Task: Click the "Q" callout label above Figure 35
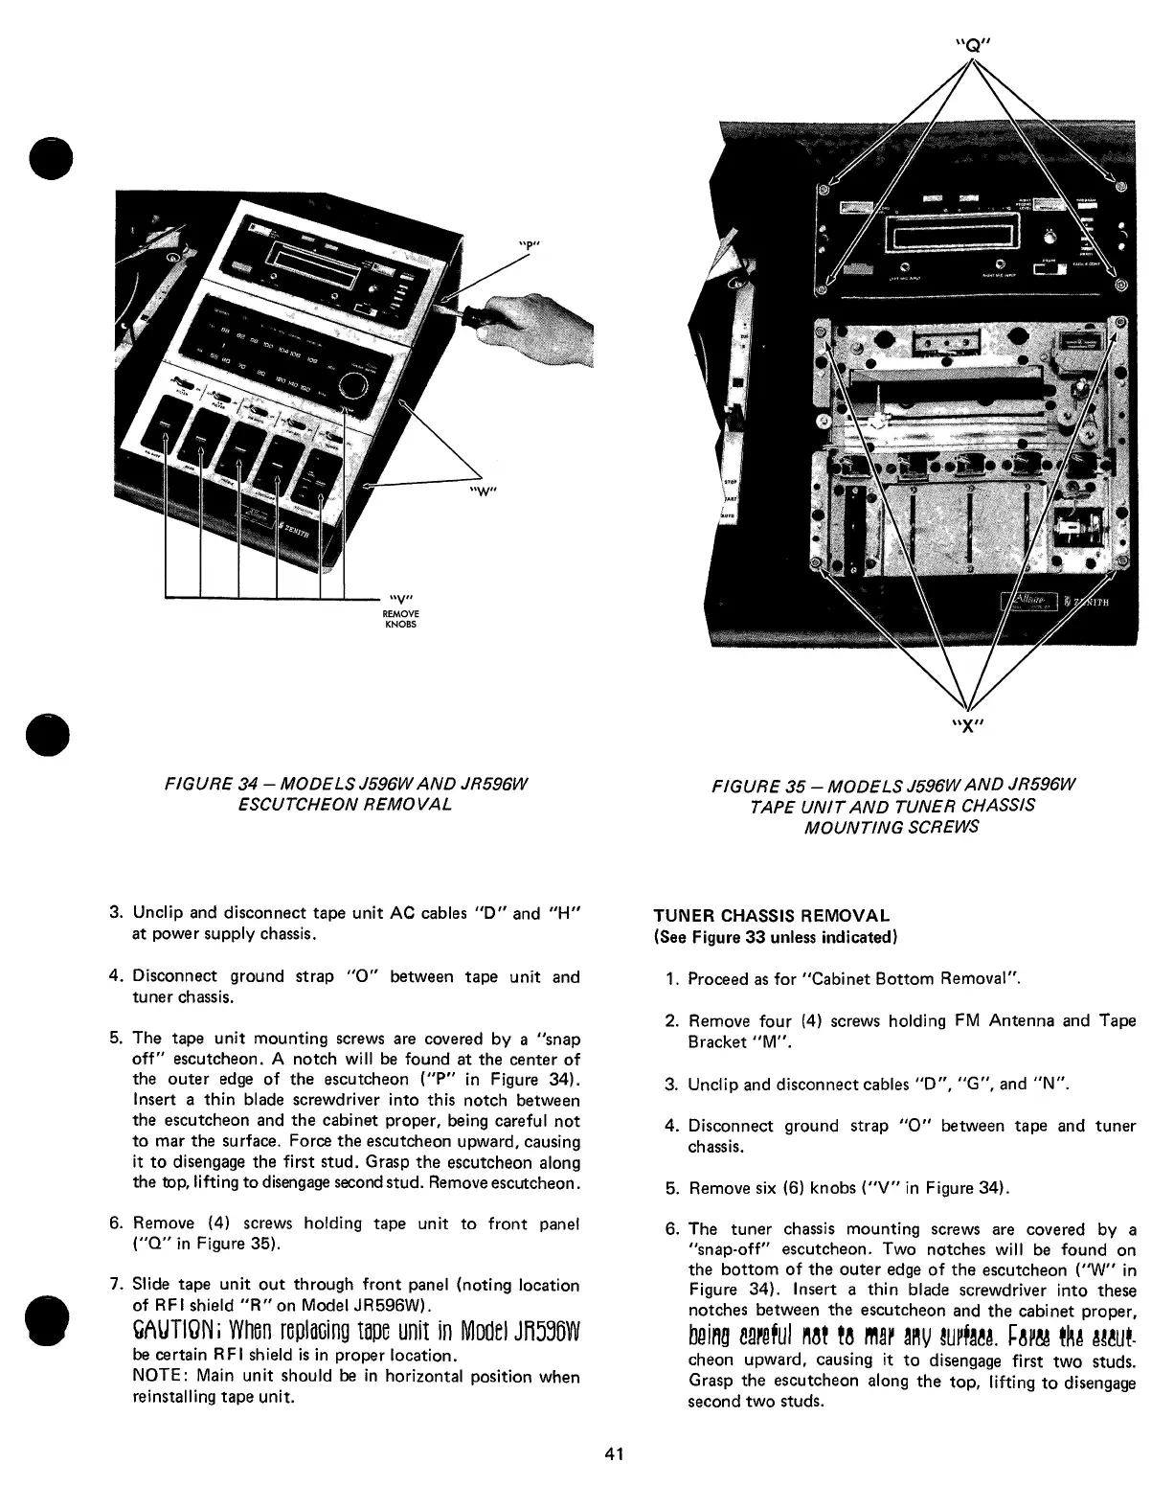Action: pyautogui.click(x=973, y=43)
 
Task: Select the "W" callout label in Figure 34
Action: pyautogui.click(x=481, y=493)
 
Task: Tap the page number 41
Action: pyautogui.click(x=614, y=1453)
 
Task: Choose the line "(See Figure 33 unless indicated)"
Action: pyautogui.click(x=774, y=936)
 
